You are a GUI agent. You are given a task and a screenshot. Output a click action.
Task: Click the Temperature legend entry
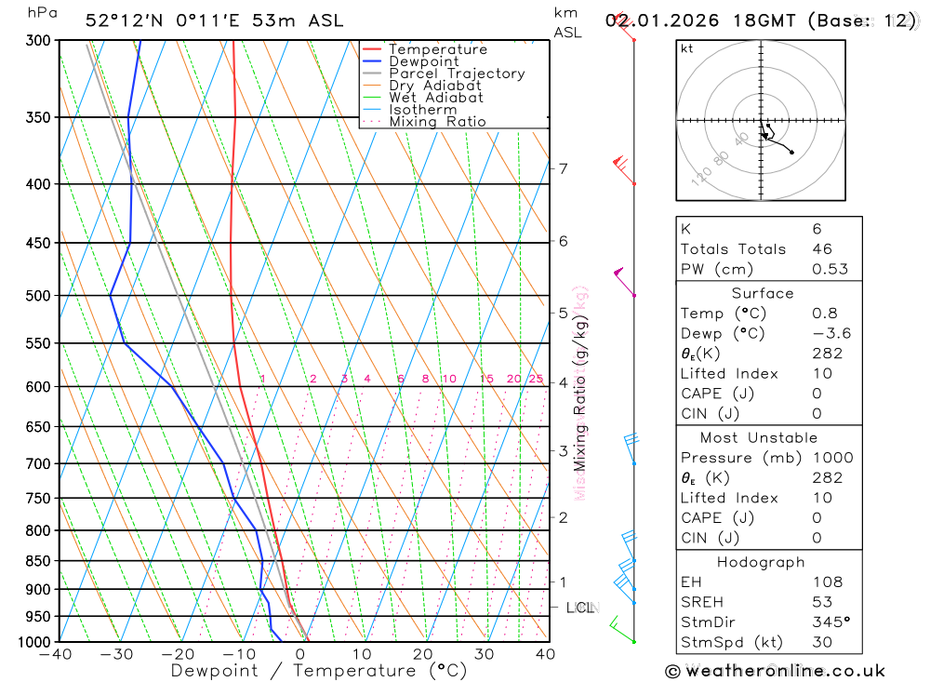437,49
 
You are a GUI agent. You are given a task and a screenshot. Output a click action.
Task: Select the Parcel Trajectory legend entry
456,74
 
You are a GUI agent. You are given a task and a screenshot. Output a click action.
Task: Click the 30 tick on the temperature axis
485,655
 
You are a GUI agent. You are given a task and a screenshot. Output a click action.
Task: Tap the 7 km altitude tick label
563,168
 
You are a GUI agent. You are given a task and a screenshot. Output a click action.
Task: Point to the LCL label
580,608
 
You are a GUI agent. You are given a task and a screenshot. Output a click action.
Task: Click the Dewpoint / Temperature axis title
319,671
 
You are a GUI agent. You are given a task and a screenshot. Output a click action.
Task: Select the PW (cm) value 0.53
830,269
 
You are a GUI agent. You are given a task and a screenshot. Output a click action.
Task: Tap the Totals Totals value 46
821,248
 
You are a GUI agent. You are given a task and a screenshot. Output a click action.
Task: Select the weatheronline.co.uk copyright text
775,671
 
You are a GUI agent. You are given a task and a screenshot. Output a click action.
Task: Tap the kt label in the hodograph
687,48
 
